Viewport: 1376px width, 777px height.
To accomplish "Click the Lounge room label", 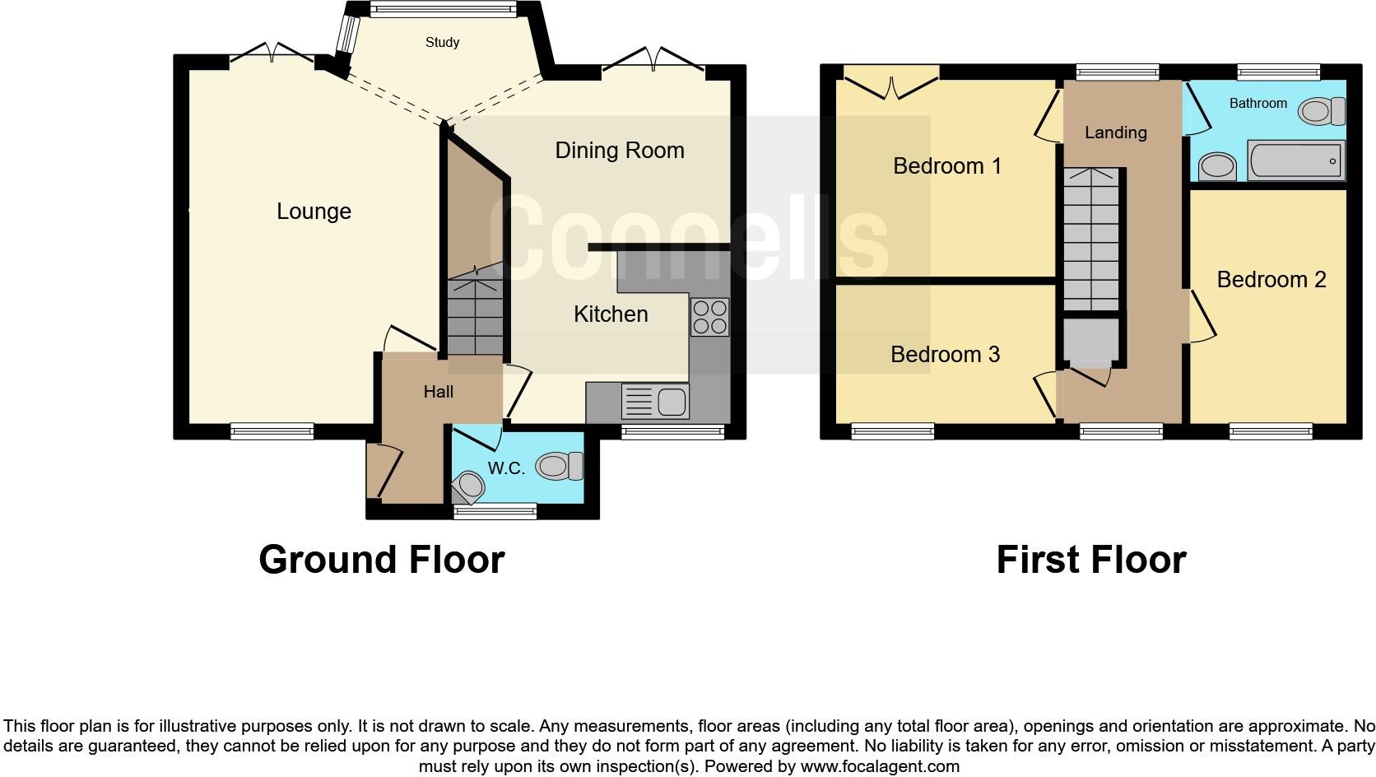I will click(x=314, y=212).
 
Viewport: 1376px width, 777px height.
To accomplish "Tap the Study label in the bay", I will click(x=442, y=43).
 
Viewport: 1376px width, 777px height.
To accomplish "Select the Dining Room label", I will click(x=619, y=151).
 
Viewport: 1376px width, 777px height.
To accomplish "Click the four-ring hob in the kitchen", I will click(x=709, y=317).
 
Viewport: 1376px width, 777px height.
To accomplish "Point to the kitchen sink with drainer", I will click(x=655, y=402).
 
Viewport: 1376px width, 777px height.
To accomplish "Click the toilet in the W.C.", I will click(x=560, y=467).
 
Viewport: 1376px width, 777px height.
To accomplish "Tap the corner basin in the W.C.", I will click(x=470, y=486).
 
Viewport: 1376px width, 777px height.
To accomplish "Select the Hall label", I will click(x=438, y=393).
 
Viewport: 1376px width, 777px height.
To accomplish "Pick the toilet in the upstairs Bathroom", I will click(x=1323, y=111).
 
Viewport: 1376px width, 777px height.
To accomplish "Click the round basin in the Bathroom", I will click(x=1217, y=167).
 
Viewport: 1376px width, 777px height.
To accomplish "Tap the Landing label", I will click(x=1115, y=133).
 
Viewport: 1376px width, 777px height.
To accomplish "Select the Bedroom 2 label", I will click(x=1271, y=280).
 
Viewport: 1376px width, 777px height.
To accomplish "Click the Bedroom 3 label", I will click(x=945, y=355).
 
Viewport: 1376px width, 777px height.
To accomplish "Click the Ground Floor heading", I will click(x=381, y=561).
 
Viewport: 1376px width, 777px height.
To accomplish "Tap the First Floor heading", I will click(x=1090, y=561).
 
